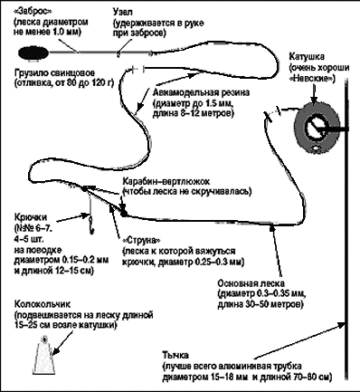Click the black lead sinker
coord(33,53)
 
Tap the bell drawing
coord(44,356)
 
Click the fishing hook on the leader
coord(90,224)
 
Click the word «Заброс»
coord(33,13)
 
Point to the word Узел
coord(123,13)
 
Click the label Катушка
coord(307,56)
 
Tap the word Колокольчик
coord(43,304)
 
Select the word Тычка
coord(175,355)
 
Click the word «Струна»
coord(141,241)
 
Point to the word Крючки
coord(31,217)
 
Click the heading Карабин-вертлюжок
coord(166,182)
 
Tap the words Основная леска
coord(251,284)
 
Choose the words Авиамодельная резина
coord(201,92)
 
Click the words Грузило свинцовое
coord(54,73)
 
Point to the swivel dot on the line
coord(123,214)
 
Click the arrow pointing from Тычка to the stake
coord(299,339)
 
